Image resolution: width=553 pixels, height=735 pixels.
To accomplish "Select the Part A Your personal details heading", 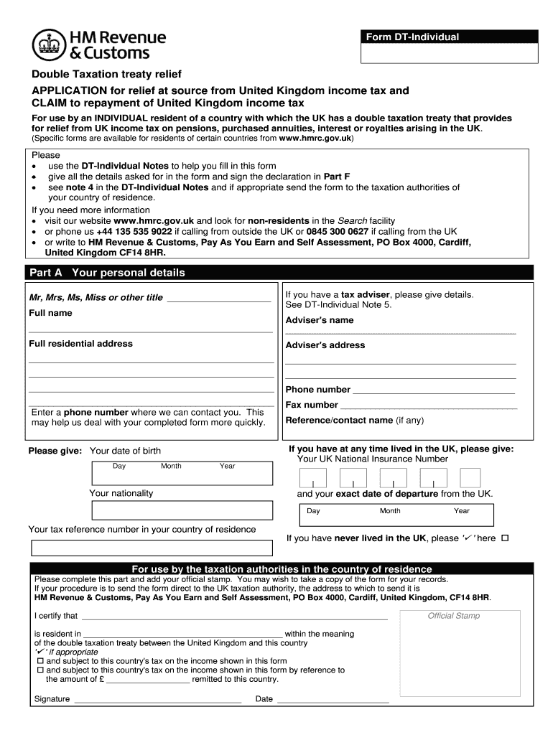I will click(107, 273).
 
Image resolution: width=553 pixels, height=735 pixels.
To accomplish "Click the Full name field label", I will click(50, 313).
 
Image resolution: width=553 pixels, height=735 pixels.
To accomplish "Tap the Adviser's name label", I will click(320, 320).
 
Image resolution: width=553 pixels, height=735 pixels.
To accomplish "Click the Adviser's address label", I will click(325, 345).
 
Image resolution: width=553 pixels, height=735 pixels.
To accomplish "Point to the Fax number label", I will click(312, 405).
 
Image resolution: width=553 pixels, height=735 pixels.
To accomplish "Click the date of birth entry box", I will click(182, 473).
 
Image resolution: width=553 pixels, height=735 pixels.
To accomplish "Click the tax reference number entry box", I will click(151, 548).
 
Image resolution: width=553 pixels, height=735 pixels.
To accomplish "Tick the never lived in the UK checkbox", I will click(504, 538).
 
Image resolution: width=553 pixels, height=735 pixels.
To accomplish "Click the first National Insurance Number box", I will click(312, 478).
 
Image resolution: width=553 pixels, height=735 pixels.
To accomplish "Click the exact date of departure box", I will click(396, 514).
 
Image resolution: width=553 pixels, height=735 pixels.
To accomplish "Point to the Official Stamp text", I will click(453, 616).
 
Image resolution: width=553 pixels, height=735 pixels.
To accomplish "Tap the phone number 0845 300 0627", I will click(338, 232).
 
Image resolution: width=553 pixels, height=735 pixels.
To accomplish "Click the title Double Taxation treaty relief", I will click(105, 75).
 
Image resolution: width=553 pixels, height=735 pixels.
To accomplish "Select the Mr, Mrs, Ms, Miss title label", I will click(96, 298).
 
